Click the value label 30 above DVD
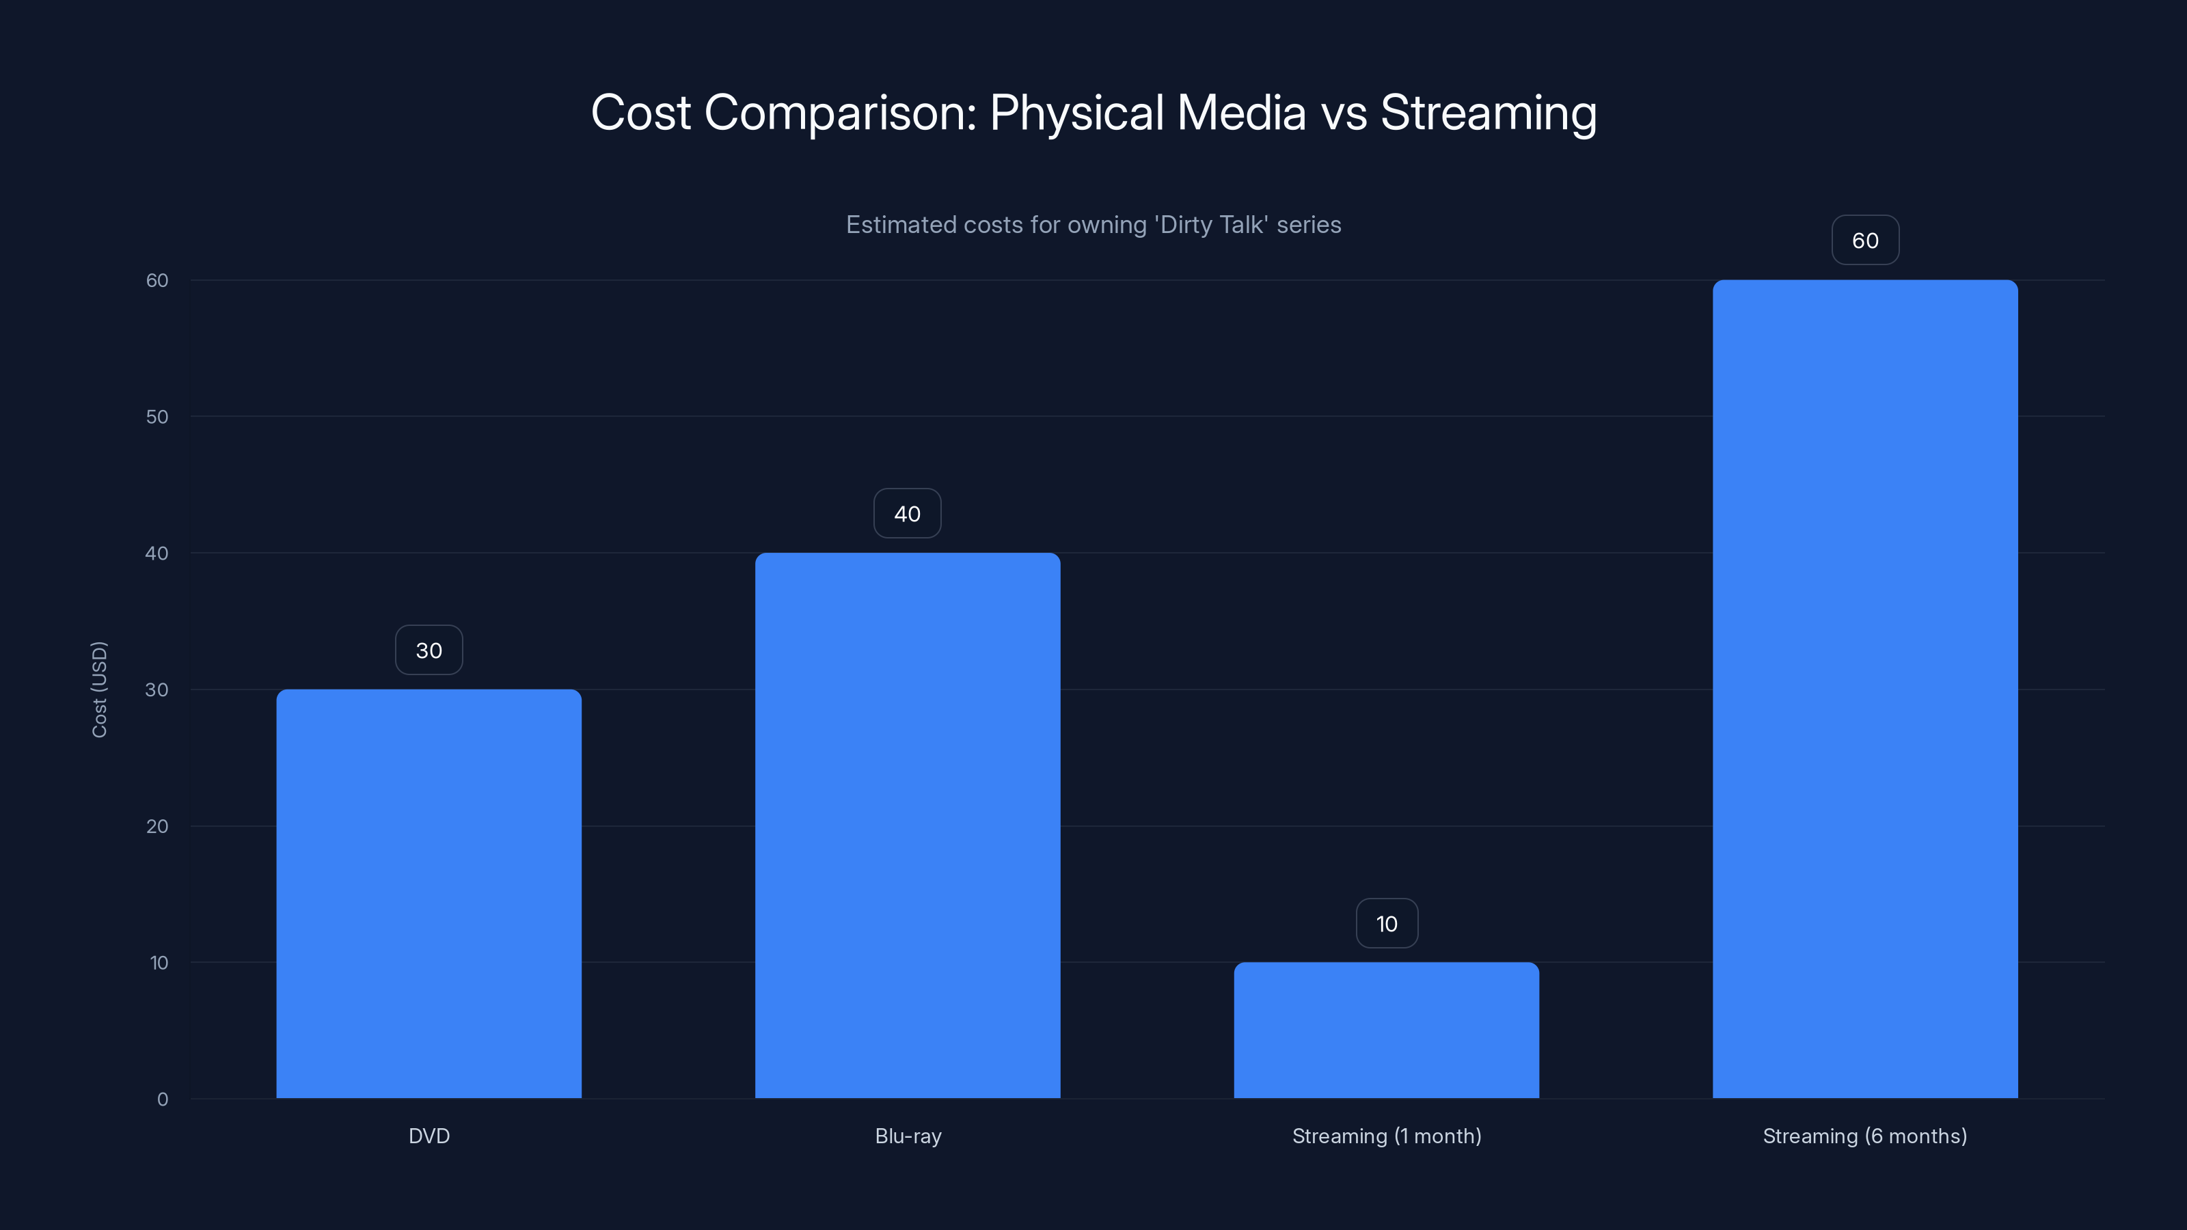[x=429, y=651]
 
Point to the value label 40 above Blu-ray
[x=908, y=514]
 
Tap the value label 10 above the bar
[x=1387, y=924]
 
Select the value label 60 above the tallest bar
[x=1865, y=241]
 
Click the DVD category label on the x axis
[x=429, y=1136]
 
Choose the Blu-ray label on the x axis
[x=908, y=1136]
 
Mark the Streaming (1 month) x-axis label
[x=1387, y=1136]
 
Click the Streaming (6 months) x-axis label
[x=1864, y=1136]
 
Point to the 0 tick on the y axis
[x=162, y=1099]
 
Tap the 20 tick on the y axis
[x=157, y=826]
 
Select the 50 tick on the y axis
[x=157, y=417]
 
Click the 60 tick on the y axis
[x=157, y=280]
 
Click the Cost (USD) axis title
[x=99, y=689]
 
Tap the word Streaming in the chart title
[x=1489, y=113]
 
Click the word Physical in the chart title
[x=1076, y=113]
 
